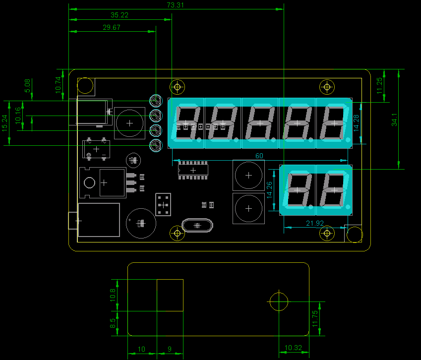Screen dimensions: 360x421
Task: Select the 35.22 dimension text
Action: point(120,15)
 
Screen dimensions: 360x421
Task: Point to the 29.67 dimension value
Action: point(112,28)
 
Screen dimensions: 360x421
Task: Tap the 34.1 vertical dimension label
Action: point(395,120)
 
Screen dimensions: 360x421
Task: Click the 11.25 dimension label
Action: point(380,85)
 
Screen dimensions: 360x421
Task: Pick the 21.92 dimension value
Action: point(315,223)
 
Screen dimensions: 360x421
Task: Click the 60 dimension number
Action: point(259,156)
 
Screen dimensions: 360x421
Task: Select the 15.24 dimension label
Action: point(4,123)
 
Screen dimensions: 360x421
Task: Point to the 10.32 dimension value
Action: point(294,348)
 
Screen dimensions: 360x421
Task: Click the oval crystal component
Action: point(197,226)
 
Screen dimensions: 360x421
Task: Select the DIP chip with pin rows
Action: point(193,170)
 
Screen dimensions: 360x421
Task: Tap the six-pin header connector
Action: point(163,204)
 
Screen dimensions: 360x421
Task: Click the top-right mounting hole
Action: point(327,87)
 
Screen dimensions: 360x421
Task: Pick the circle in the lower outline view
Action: point(279,300)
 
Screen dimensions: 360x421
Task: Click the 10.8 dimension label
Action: point(113,295)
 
